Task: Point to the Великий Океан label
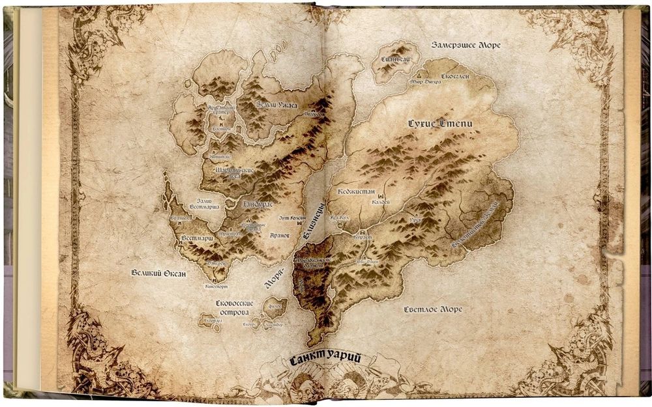[158, 274]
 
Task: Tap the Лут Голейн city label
[291, 218]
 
